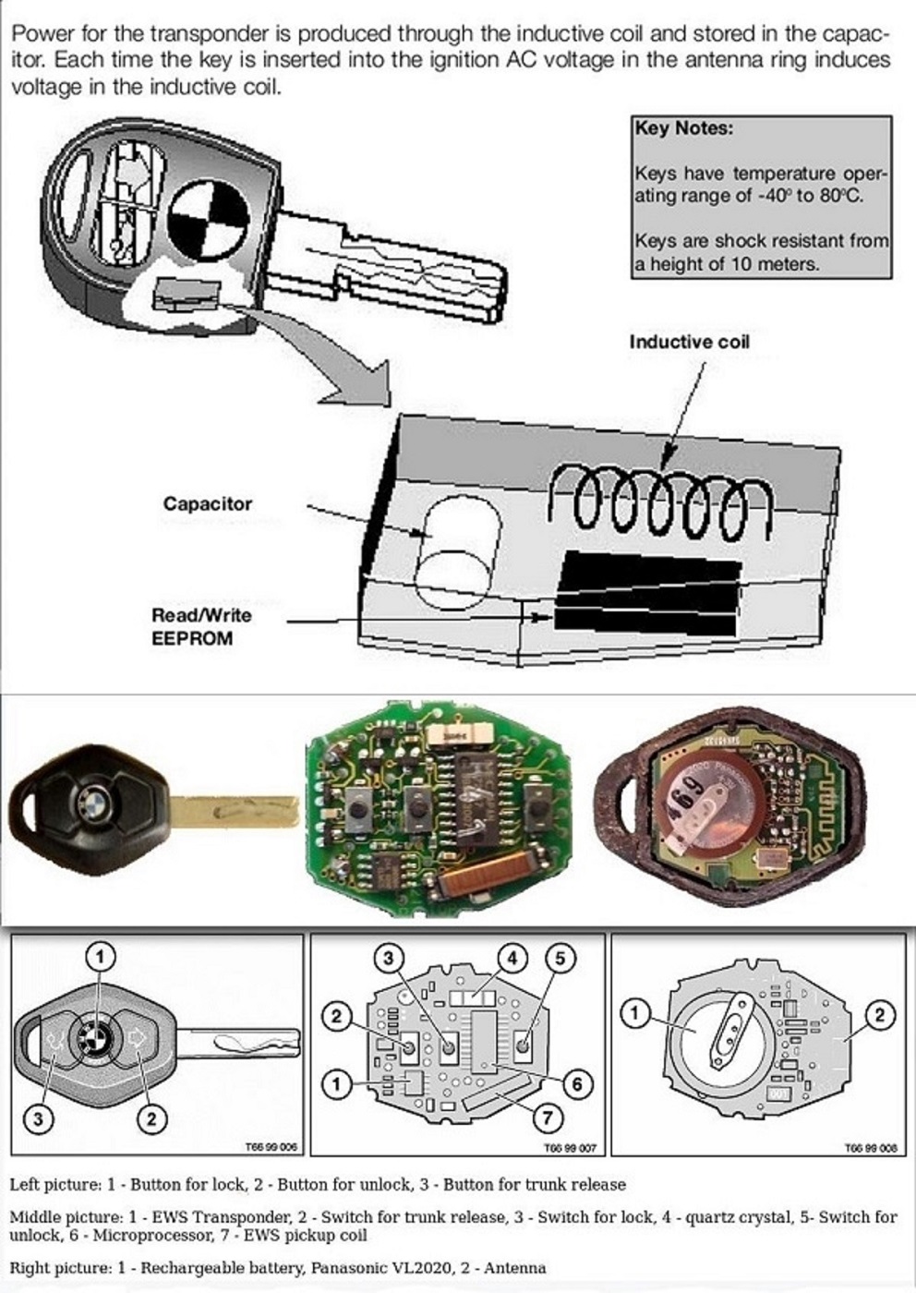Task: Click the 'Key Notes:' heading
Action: [683, 128]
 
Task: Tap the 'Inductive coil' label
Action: [689, 342]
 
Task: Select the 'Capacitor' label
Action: [207, 504]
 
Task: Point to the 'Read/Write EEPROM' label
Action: [201, 626]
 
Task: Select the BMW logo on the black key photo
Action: [92, 796]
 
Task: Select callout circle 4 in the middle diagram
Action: [512, 958]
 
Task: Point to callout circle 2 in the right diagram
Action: [880, 1016]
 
